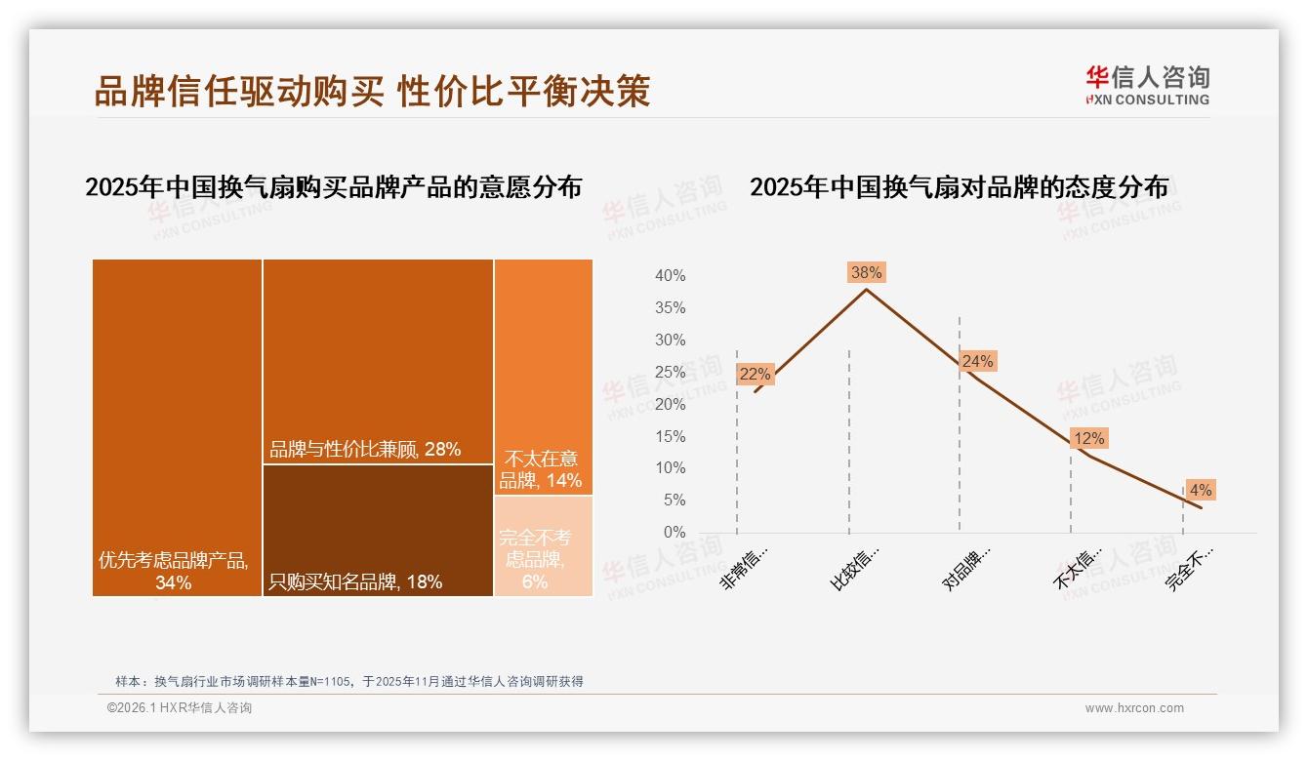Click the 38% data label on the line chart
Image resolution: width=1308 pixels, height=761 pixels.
click(866, 272)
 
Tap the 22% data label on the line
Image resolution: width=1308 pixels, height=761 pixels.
click(755, 374)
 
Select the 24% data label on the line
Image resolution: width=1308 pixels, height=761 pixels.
click(977, 362)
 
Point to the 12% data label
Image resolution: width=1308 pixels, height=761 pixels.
click(1088, 439)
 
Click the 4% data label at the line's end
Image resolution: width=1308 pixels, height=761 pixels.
click(1201, 490)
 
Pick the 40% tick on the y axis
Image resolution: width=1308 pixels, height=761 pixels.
click(670, 276)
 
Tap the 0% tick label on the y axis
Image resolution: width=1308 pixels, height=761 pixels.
click(674, 533)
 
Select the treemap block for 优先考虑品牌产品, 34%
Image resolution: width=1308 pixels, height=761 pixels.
click(177, 427)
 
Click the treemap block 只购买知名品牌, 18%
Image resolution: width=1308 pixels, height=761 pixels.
click(378, 530)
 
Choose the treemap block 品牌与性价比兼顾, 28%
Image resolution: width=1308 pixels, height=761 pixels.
click(378, 361)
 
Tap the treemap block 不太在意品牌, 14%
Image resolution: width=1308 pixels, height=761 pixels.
click(543, 377)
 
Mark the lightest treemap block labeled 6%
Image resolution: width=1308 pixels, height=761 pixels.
click(543, 546)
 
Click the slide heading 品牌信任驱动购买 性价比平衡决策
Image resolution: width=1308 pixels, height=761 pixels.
click(372, 91)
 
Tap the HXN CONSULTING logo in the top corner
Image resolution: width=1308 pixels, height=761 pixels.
click(1147, 86)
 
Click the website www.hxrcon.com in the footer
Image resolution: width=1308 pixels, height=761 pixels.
click(1134, 708)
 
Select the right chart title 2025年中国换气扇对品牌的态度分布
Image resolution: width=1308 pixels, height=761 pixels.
click(959, 187)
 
